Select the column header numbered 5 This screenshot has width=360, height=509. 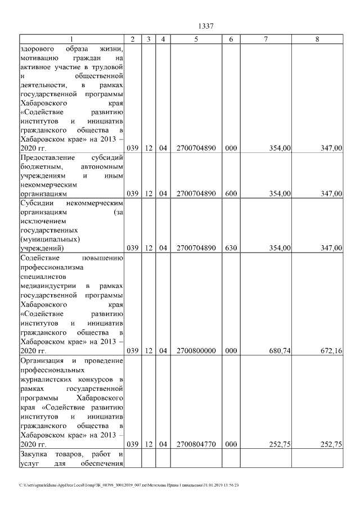coord(196,39)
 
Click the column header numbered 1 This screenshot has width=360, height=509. coord(71,39)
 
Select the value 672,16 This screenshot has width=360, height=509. coord(331,351)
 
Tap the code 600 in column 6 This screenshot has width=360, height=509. coord(231,194)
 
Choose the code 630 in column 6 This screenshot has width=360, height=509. coord(231,248)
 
